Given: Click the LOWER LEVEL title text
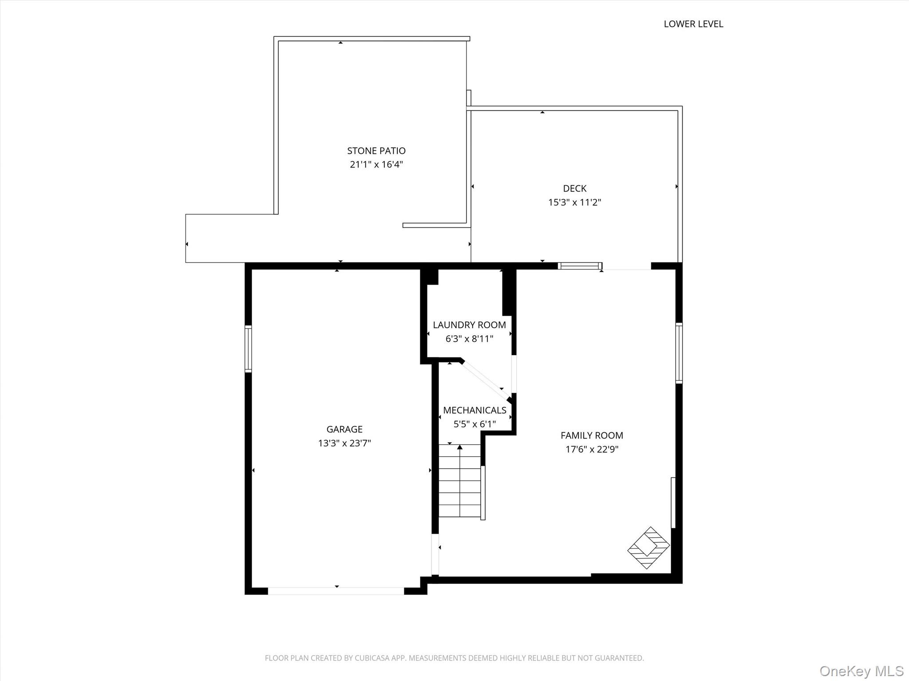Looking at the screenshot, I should [x=693, y=24].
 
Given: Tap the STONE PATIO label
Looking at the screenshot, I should [x=376, y=151].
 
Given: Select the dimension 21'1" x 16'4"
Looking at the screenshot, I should [x=376, y=164].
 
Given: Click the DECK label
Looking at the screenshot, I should [x=574, y=188].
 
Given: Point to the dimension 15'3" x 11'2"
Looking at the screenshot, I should [x=574, y=202].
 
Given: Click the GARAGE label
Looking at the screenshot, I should [x=344, y=429].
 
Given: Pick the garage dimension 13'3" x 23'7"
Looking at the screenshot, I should [x=344, y=443].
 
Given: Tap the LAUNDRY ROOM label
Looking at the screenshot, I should [x=469, y=325].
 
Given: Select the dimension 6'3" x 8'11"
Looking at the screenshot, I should [x=469, y=339].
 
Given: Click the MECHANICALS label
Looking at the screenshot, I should [x=474, y=410].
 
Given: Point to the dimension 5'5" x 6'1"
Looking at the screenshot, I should [x=474, y=424].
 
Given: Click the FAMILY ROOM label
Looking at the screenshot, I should [x=592, y=435].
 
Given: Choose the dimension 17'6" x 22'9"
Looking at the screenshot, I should [x=592, y=449].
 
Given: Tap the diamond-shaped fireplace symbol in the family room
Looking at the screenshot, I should [x=648, y=548].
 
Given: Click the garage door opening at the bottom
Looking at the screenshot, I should [x=336, y=591].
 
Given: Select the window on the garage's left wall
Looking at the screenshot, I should [x=248, y=349].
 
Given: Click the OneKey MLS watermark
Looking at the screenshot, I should [x=861, y=671].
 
